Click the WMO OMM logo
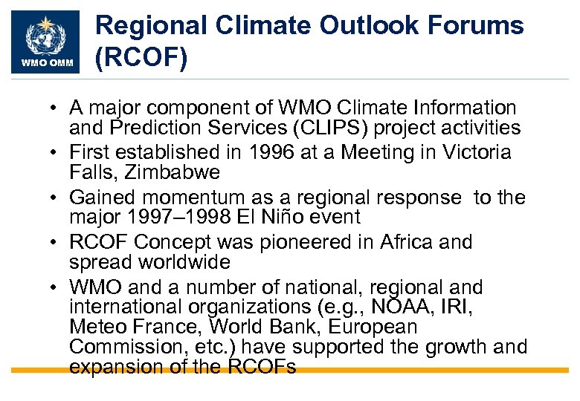46,42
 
